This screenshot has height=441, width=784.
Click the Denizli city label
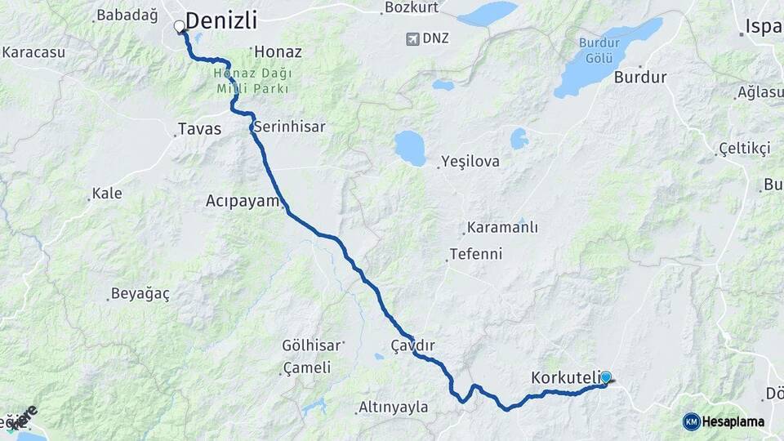click(x=221, y=20)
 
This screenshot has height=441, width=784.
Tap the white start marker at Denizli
click(x=180, y=27)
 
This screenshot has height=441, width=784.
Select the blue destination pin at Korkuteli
click(x=605, y=377)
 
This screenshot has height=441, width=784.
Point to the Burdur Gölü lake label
click(x=605, y=51)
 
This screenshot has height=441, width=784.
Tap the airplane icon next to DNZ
click(x=412, y=38)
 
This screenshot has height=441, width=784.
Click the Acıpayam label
click(x=243, y=201)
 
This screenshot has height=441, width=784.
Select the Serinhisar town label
click(x=289, y=127)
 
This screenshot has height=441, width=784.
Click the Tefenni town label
click(x=477, y=254)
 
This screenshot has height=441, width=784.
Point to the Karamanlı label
click(x=502, y=227)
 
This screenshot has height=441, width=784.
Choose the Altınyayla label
click(x=394, y=407)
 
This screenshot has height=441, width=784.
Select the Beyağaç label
click(x=141, y=294)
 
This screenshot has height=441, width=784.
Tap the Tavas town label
click(x=199, y=129)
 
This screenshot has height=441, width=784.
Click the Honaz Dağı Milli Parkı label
click(x=252, y=80)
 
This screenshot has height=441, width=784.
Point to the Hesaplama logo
click(x=724, y=421)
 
